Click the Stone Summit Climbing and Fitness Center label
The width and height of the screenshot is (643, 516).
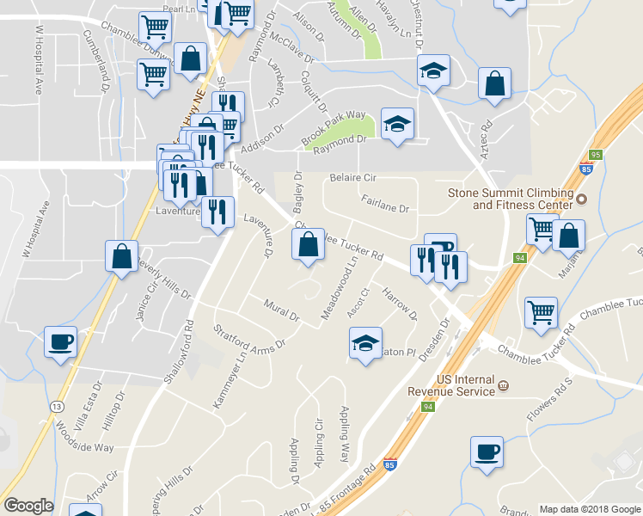click(x=510, y=199)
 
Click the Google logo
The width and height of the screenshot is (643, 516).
click(x=29, y=506)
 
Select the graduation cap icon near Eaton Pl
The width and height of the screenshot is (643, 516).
click(x=365, y=344)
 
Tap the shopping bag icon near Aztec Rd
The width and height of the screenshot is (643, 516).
click(x=494, y=84)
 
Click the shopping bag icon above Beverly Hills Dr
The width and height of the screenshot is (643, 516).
click(x=122, y=255)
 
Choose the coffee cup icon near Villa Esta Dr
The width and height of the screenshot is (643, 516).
click(x=60, y=341)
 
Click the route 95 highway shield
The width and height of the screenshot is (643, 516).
click(x=595, y=155)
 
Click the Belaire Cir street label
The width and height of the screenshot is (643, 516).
click(x=353, y=178)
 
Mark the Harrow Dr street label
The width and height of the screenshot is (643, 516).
click(x=400, y=304)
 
